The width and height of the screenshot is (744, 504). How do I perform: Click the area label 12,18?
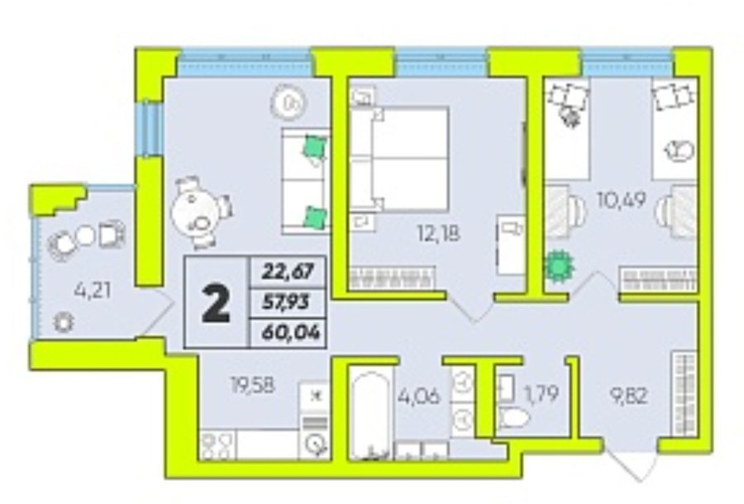pyautogui.click(x=438, y=233)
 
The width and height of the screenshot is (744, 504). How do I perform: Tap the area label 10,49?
pyautogui.click(x=622, y=201)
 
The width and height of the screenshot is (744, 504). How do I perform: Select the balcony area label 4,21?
pyautogui.click(x=93, y=290)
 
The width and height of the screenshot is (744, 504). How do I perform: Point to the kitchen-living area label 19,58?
pyautogui.click(x=253, y=385)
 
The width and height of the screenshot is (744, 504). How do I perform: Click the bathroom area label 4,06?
pyautogui.click(x=419, y=396)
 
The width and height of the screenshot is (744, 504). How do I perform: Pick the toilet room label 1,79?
pyautogui.click(x=541, y=393)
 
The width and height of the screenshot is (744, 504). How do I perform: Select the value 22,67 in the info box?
pyautogui.click(x=288, y=272)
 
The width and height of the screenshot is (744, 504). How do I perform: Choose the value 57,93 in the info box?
pyautogui.click(x=286, y=302)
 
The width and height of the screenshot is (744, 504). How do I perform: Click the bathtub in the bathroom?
pyautogui.click(x=371, y=416)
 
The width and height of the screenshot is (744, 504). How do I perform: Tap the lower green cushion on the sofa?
pyautogui.click(x=315, y=217)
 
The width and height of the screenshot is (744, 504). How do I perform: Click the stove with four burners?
pyautogui.click(x=217, y=445)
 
